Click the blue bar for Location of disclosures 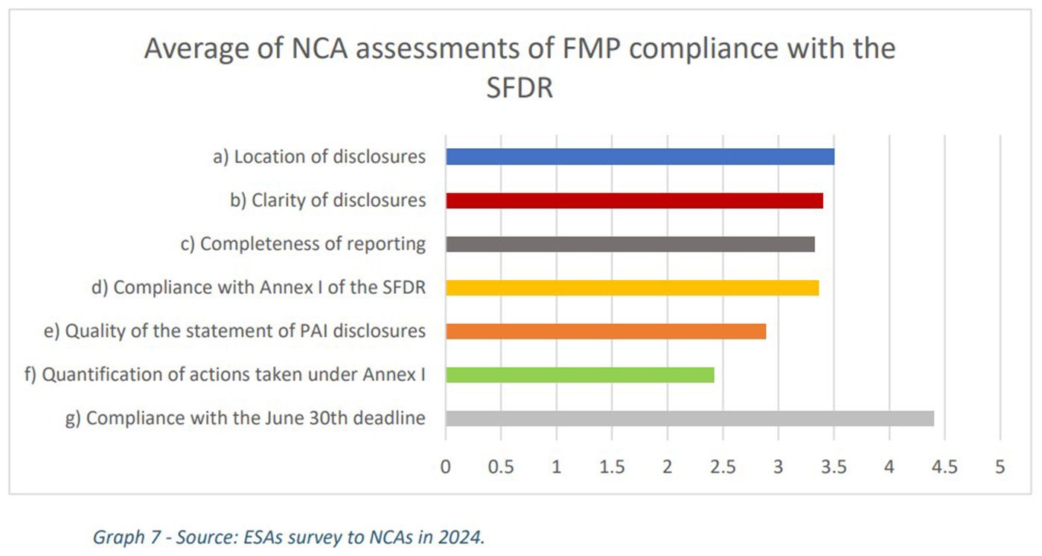pyautogui.click(x=640, y=156)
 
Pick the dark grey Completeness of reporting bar pyautogui.click(x=630, y=243)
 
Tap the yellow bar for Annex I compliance pyautogui.click(x=632, y=287)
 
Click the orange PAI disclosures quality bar pyautogui.click(x=606, y=330)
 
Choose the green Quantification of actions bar pyautogui.click(x=580, y=374)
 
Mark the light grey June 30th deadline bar pyautogui.click(x=689, y=418)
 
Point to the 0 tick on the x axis pyautogui.click(x=446, y=467)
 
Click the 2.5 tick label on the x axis pyautogui.click(x=723, y=467)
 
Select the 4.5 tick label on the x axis pyautogui.click(x=944, y=467)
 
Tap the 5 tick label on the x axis pyautogui.click(x=1000, y=467)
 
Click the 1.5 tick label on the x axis pyautogui.click(x=612, y=467)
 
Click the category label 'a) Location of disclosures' pyautogui.click(x=319, y=156)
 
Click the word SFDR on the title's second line pyautogui.click(x=519, y=89)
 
